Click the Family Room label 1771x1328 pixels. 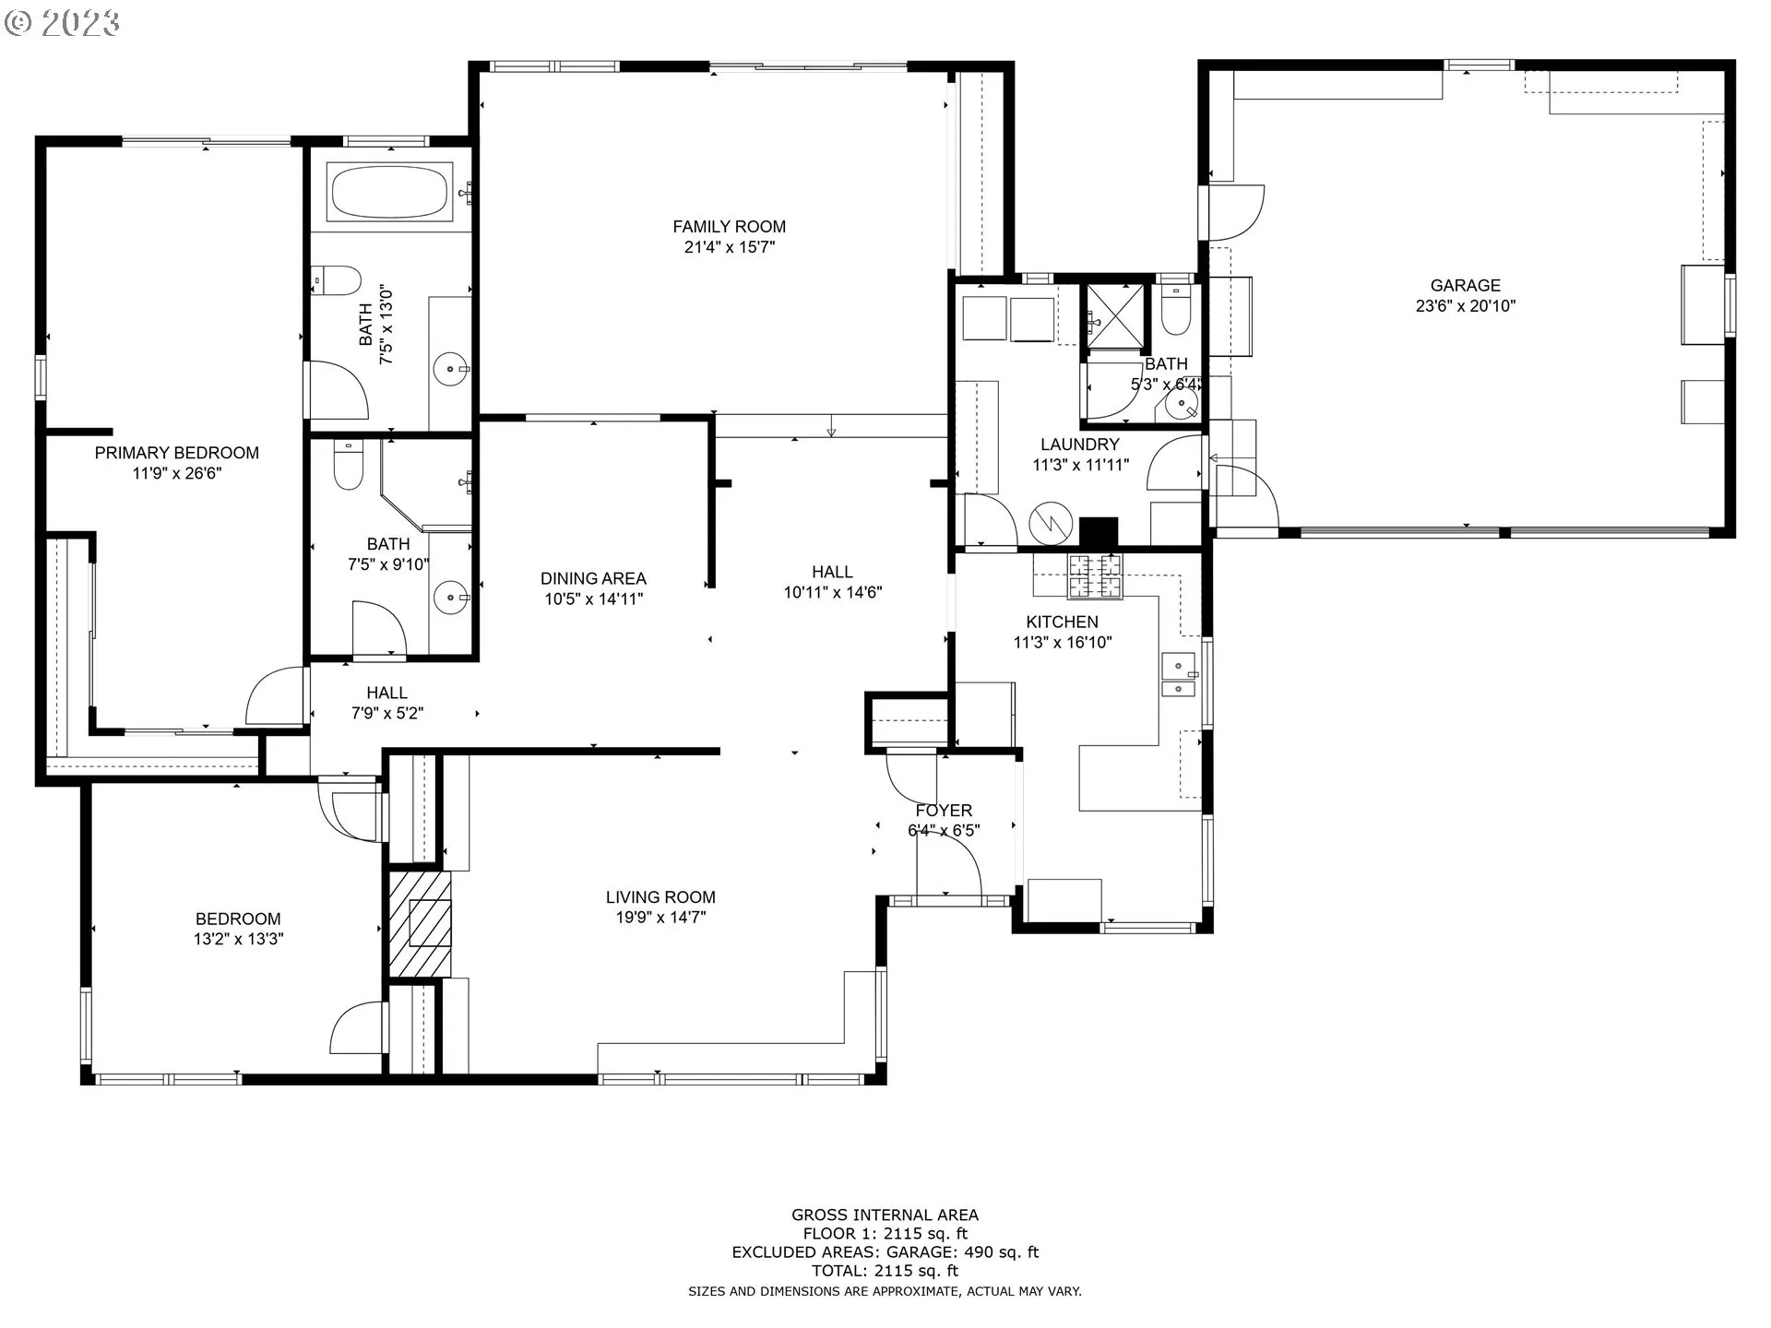(729, 226)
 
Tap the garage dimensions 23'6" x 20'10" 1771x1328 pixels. (1466, 305)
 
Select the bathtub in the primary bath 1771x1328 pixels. (389, 192)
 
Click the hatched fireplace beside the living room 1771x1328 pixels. (420, 924)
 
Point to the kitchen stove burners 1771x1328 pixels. (1095, 576)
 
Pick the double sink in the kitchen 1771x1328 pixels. (1178, 675)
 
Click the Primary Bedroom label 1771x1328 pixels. (177, 453)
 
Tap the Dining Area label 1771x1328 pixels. (593, 578)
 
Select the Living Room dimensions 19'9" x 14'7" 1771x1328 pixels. (660, 917)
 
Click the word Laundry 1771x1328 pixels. (1080, 445)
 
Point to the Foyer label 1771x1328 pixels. (944, 810)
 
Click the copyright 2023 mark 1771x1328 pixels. (62, 23)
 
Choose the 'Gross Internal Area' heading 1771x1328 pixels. (885, 1215)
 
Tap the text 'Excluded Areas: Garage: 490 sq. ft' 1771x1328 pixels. (885, 1252)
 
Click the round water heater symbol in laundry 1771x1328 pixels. (1049, 523)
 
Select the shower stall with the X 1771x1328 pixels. (1115, 315)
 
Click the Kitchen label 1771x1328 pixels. (1062, 622)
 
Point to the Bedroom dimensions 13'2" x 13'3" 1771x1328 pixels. (238, 939)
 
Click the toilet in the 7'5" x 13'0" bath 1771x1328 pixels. (335, 280)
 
